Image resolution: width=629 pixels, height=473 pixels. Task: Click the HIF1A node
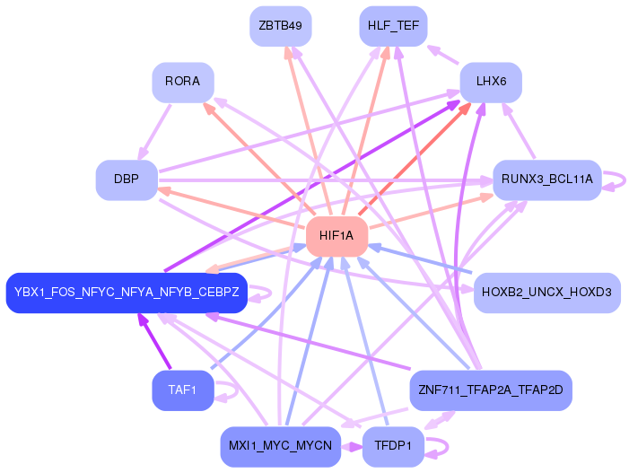(x=336, y=236)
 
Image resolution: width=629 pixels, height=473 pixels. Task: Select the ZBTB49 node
(x=280, y=25)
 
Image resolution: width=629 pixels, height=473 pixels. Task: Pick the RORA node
(x=182, y=82)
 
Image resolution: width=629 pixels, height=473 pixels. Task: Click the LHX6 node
(x=491, y=81)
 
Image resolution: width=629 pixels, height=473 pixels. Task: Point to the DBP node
(x=127, y=180)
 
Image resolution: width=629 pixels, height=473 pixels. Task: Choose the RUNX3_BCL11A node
(x=546, y=180)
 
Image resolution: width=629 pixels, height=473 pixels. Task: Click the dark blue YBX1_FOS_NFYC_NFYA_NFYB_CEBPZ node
(x=127, y=293)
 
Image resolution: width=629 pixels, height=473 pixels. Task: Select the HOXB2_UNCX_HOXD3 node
(x=546, y=293)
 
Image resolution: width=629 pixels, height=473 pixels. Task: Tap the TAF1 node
(x=182, y=390)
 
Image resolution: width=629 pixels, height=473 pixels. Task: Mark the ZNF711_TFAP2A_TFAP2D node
(x=491, y=390)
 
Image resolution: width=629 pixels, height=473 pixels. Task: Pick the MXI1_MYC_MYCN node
(x=280, y=446)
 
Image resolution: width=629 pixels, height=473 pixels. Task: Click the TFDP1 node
(x=393, y=446)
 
